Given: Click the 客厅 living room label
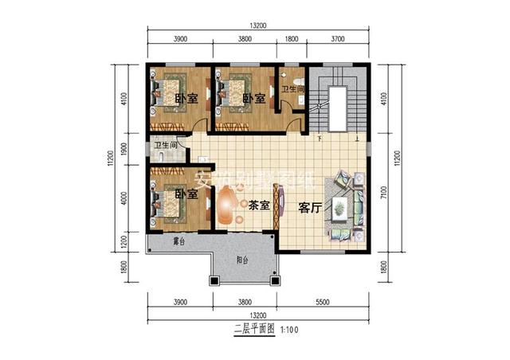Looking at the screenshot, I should [x=309, y=206].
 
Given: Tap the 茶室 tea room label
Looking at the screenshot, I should [x=257, y=205].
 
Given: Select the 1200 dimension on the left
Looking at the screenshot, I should [x=124, y=241].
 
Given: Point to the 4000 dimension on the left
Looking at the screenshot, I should [x=124, y=198].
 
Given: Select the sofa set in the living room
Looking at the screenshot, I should [x=345, y=209].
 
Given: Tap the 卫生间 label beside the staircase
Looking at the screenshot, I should [x=293, y=89].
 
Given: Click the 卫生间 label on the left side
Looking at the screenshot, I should [x=166, y=146].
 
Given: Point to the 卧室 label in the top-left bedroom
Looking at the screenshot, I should [x=186, y=99].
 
